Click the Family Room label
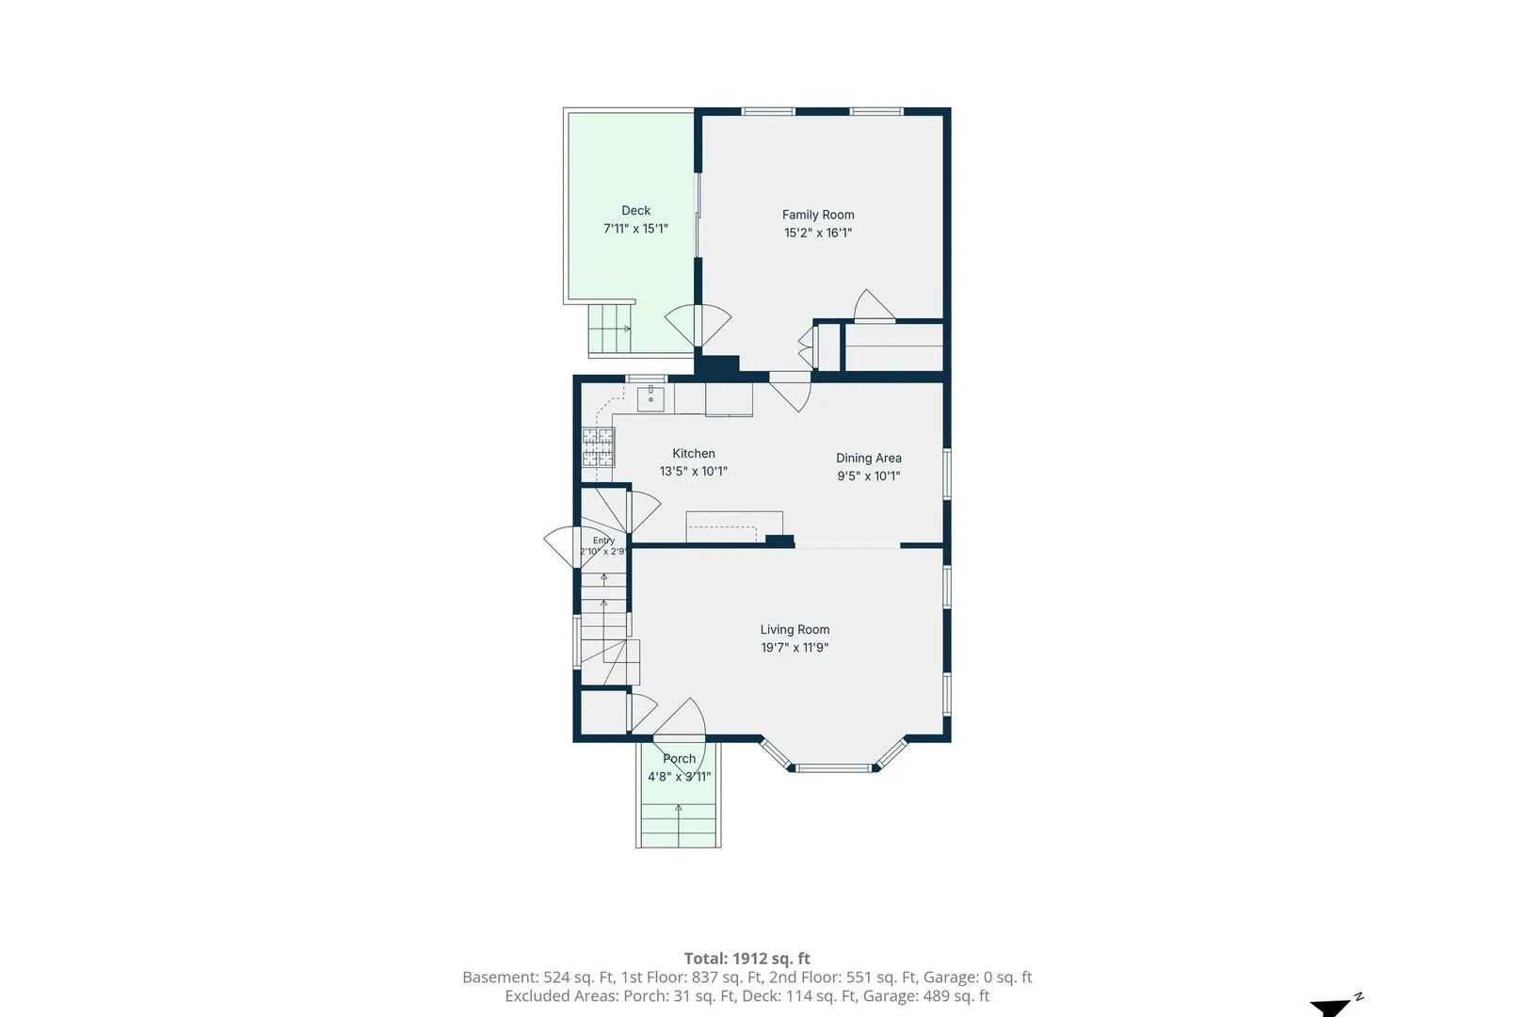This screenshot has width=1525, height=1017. [x=818, y=215]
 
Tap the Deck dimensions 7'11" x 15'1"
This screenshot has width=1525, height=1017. [x=635, y=229]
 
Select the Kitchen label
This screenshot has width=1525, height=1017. [x=694, y=454]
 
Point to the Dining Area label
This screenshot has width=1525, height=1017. [x=869, y=459]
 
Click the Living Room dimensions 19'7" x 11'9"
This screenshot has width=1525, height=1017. [x=795, y=648]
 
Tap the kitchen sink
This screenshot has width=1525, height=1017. [x=650, y=398]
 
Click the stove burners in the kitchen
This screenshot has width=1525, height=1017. [x=598, y=447]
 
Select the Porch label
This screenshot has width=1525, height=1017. [x=680, y=759]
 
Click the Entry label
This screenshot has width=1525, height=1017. [x=603, y=541]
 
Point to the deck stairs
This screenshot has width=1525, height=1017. [x=611, y=329]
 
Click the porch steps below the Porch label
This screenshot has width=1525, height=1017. [x=679, y=825]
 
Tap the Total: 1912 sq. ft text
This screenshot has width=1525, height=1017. [x=746, y=959]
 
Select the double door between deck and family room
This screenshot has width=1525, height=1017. [x=698, y=326]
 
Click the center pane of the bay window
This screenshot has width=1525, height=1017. [x=833, y=768]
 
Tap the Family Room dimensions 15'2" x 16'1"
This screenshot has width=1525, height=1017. [x=818, y=233]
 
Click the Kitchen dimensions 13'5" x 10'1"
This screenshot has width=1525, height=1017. [x=694, y=472]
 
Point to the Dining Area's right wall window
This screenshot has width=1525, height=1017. [x=946, y=474]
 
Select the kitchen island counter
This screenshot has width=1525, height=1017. [x=734, y=526]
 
